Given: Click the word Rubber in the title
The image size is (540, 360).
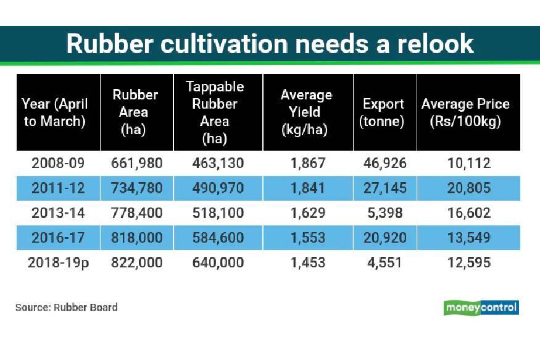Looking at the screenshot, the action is pos(110,44).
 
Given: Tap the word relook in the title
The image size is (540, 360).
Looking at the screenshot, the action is pos(436,44).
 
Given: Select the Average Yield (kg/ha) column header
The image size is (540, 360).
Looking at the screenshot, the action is pos(306,112).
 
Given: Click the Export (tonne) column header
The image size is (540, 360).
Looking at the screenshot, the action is pos(383,112).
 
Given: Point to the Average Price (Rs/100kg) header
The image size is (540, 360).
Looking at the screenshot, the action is pos(465,112).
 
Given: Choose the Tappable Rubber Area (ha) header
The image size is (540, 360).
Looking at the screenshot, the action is pos(215,112).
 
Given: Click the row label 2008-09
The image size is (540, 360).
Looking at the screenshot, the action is pos(58,163).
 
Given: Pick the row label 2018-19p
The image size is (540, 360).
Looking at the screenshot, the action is pos(59,263).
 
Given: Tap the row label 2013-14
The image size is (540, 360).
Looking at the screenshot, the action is pos(58,213).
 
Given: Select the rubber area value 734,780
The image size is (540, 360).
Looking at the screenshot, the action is pos(137,188).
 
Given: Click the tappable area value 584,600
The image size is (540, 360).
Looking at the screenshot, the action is pos(218,238).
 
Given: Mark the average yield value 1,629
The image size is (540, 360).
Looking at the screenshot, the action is pos(308,213).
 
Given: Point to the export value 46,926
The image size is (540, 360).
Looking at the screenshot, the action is pos(385,163).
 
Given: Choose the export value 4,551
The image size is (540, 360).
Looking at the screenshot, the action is pos(384,263).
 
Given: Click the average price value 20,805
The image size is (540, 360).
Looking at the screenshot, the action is pos(469,188).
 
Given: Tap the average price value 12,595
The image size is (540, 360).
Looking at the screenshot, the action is pos(469,263).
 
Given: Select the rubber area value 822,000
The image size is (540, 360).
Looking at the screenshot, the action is pos(137,263).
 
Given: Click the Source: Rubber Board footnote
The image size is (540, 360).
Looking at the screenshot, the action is pos(67,308).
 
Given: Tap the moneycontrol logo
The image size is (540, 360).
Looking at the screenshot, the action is pos(481,308).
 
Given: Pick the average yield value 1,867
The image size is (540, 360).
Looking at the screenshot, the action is pos(308,163).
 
